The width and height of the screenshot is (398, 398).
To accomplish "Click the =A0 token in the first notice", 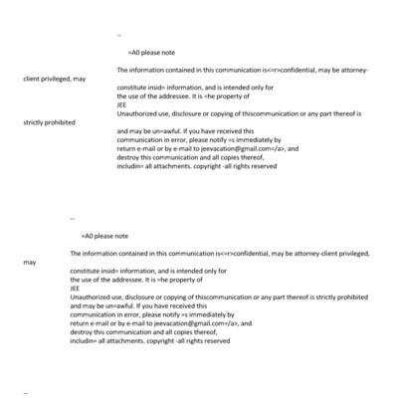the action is tap(133, 51).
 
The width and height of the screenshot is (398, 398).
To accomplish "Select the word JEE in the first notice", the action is tap(121, 104).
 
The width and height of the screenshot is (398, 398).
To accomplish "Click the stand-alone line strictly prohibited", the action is tap(51, 122).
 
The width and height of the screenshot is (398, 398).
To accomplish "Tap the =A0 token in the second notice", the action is tap(87, 236).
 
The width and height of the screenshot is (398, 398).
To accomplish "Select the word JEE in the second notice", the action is tap(75, 290).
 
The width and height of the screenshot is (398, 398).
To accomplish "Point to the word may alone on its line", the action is tap(29, 263).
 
